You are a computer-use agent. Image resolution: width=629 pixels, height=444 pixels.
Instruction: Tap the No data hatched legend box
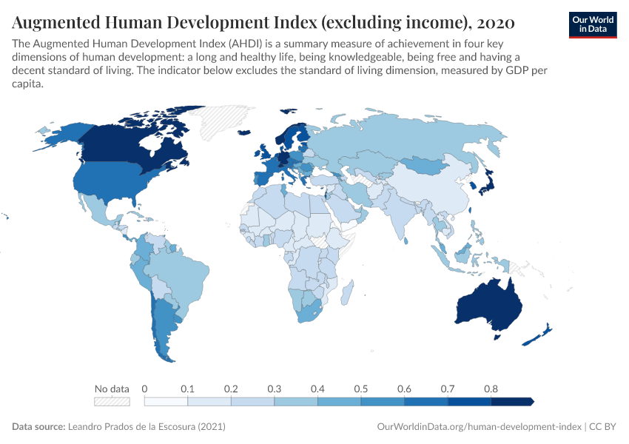(112, 401)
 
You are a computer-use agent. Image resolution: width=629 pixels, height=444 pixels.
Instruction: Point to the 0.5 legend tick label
(361, 388)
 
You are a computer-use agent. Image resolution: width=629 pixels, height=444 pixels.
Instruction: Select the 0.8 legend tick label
(491, 388)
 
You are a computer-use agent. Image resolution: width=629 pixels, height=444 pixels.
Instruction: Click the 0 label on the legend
(144, 388)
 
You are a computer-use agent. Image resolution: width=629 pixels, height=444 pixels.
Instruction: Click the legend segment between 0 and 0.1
(166, 401)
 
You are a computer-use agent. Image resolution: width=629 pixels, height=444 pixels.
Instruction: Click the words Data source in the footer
(38, 427)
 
